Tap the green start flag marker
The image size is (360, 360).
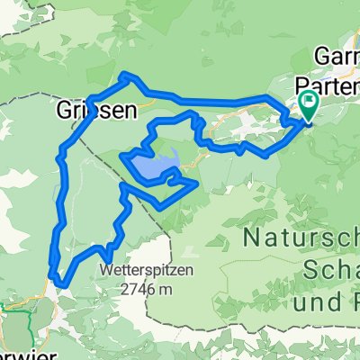coord(309,103)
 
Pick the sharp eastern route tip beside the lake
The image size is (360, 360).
coord(196,184)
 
